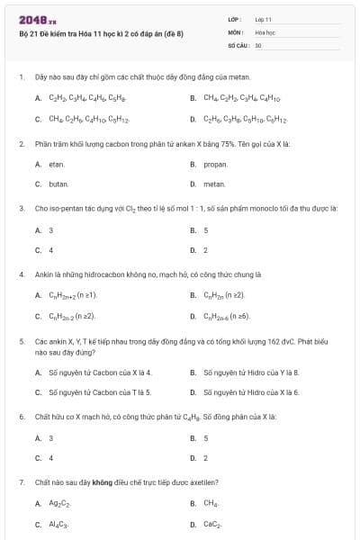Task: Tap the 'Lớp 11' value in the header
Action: point(263,19)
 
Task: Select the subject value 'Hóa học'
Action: point(265,31)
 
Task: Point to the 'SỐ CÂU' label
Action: point(238,44)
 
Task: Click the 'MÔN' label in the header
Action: point(235,31)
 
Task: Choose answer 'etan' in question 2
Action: point(57,165)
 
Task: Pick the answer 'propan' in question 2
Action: point(215,165)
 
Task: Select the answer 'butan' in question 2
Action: point(58,184)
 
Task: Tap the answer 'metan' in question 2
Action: point(214,184)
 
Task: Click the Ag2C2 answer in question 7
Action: point(59,504)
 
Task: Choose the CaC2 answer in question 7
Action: point(212,523)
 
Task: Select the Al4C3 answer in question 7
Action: point(58,523)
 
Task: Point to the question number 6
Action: point(21,416)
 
